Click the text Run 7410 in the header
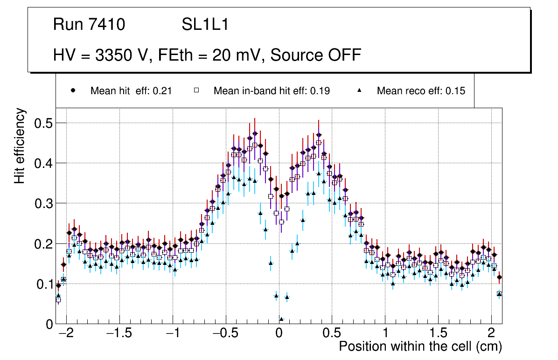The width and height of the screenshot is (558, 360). [89, 25]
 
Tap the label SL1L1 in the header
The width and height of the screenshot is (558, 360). [205, 25]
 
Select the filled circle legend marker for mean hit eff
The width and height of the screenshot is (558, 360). [73, 90]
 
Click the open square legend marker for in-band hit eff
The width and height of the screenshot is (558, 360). [196, 90]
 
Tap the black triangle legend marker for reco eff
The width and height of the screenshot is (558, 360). [360, 90]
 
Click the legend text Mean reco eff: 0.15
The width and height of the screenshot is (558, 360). [421, 91]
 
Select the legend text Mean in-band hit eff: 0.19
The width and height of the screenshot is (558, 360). [272, 91]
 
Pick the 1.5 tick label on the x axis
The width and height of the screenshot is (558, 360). [438, 334]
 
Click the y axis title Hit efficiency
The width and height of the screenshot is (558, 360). [20, 145]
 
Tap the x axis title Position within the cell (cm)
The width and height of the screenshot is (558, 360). [420, 347]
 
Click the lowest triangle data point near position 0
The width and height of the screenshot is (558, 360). [281, 319]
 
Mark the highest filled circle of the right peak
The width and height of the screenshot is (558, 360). [319, 135]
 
